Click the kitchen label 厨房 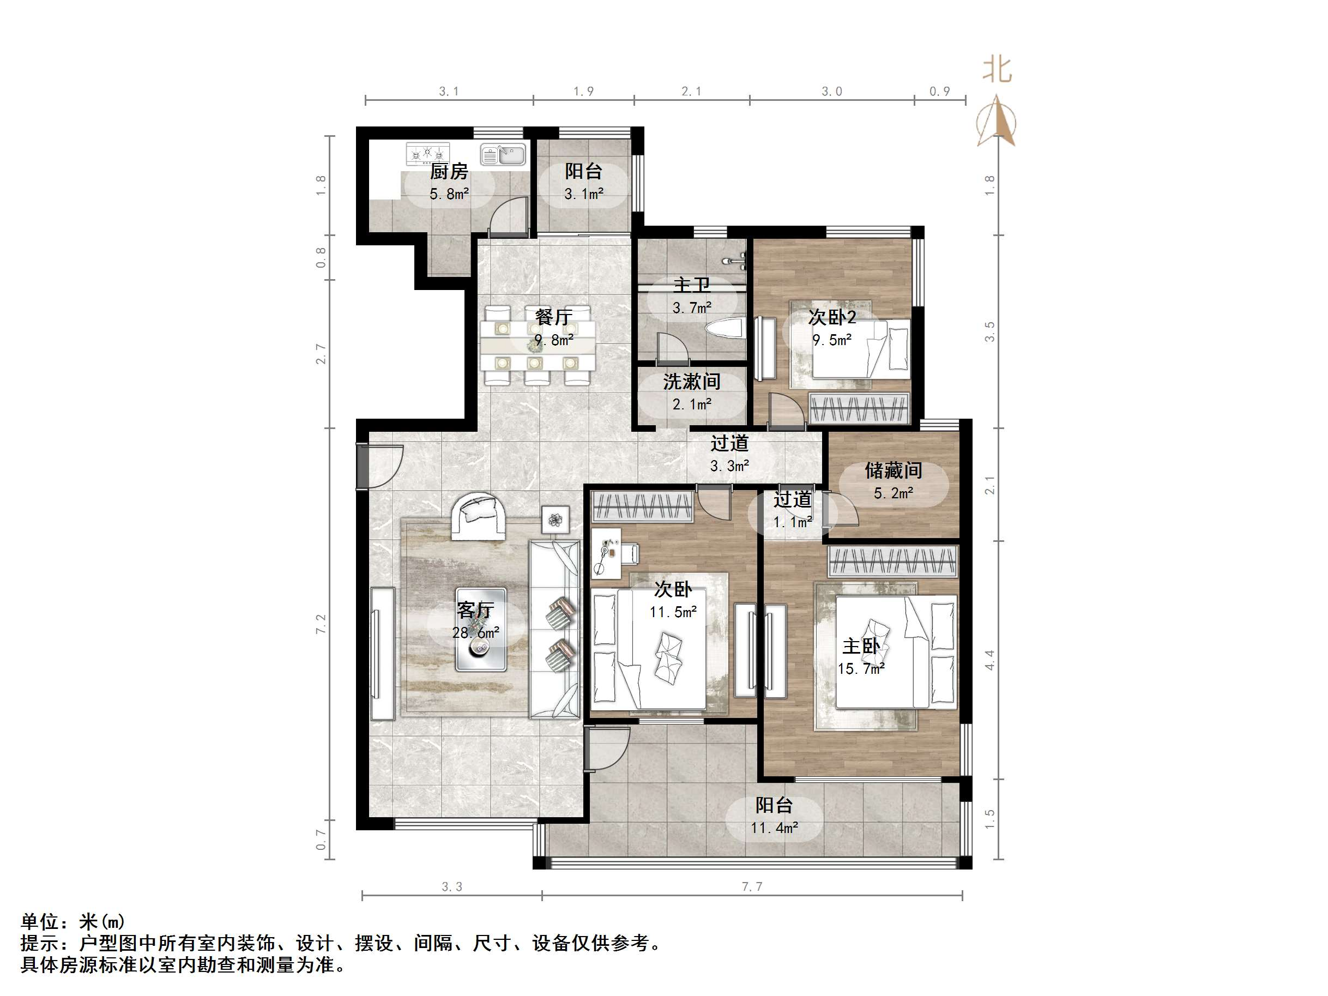tap(449, 172)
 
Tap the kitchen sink tap(503, 155)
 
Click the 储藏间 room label tap(893, 470)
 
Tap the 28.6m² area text tap(475, 633)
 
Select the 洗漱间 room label tap(691, 382)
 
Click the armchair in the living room tap(478, 516)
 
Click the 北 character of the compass tap(997, 70)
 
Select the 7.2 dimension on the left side tap(321, 624)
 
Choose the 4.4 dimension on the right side tap(989, 660)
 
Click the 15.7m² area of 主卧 tap(861, 669)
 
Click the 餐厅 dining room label tap(553, 317)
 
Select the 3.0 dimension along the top tap(831, 91)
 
